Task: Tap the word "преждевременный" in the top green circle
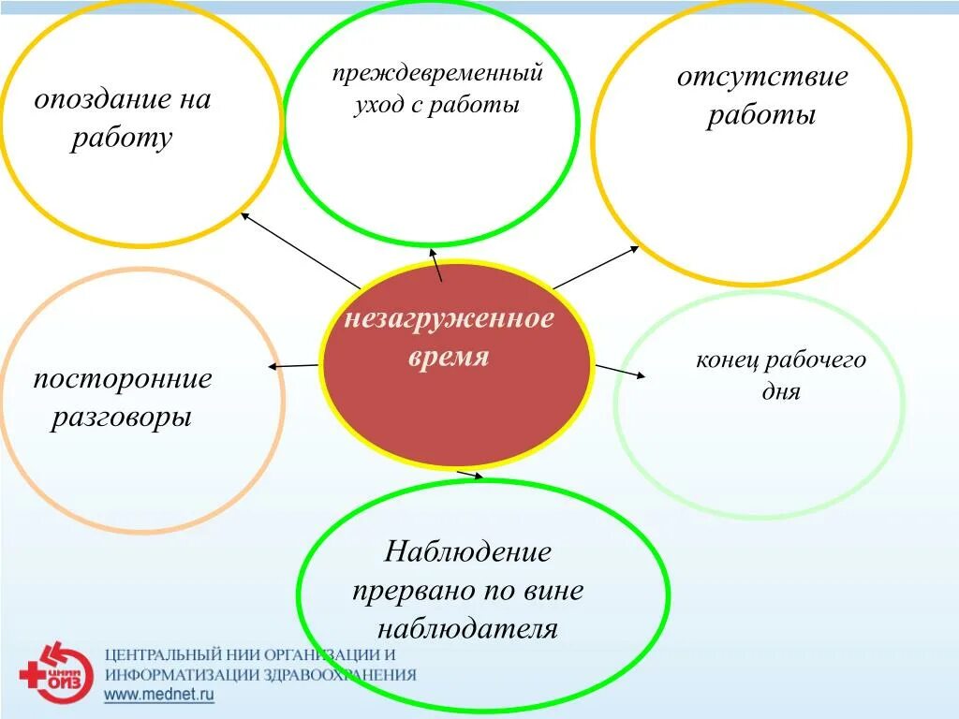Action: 437,73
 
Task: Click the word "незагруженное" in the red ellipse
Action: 450,319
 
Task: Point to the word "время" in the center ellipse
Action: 450,358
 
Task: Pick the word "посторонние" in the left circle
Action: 123,379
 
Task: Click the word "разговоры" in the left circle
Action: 122,417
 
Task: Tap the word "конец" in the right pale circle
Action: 727,360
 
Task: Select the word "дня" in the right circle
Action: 781,392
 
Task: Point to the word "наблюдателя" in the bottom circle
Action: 468,628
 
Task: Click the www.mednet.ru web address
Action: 158,695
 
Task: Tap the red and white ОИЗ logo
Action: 57,672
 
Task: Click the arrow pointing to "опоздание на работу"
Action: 300,250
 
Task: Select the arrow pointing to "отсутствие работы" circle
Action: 597,267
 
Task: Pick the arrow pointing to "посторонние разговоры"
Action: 293,365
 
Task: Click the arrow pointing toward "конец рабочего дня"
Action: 620,371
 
